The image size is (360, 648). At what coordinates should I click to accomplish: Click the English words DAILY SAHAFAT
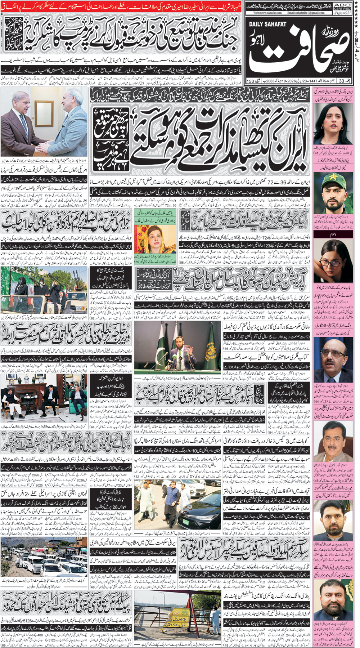(267, 24)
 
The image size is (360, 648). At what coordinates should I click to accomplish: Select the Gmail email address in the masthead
(306, 13)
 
